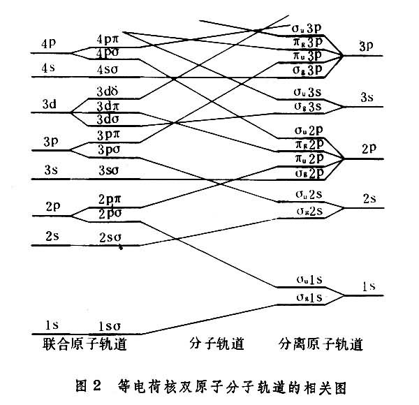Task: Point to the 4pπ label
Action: pyautogui.click(x=110, y=40)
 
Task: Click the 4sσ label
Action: pyautogui.click(x=110, y=70)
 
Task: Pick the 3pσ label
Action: pyautogui.click(x=110, y=149)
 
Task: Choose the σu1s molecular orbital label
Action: pyautogui.click(x=307, y=280)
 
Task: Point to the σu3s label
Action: pyautogui.click(x=307, y=93)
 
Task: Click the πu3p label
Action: pyautogui.click(x=307, y=55)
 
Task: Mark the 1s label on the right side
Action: pyautogui.click(x=369, y=287)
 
